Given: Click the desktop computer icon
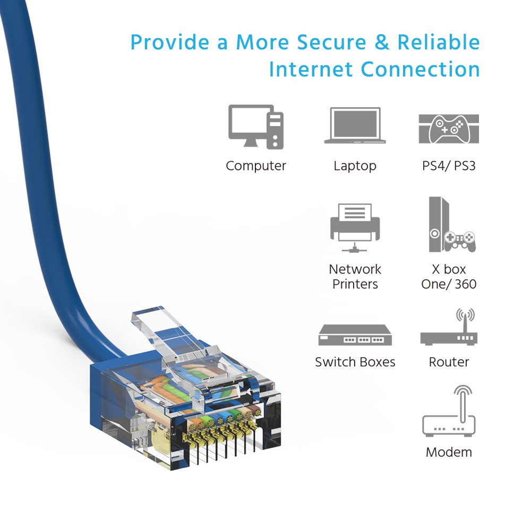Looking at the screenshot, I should (256, 126).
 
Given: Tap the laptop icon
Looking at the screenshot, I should (355, 126).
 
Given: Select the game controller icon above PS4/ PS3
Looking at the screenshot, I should (449, 129).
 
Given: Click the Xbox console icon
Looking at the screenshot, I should (451, 225).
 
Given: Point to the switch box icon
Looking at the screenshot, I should (355, 335).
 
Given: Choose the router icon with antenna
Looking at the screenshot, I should (449, 329).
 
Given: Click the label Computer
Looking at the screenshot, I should (256, 166).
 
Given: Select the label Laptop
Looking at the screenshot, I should (355, 166).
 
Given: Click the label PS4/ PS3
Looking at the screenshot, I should (449, 166).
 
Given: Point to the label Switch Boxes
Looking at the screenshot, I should (355, 362).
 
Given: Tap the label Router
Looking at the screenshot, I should (449, 362).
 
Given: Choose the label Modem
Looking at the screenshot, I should (449, 452).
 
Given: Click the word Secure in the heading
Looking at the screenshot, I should (333, 42).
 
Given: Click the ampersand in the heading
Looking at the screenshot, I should (382, 42).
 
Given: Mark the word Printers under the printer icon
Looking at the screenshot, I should (355, 284).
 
